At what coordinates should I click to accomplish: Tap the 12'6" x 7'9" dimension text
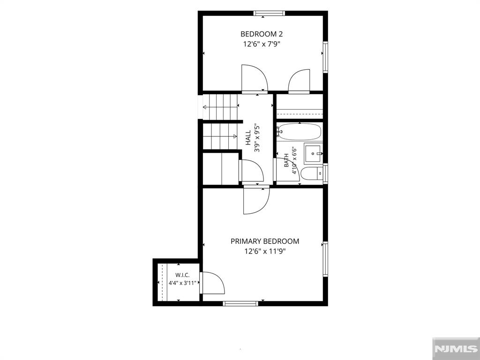[x=262, y=44]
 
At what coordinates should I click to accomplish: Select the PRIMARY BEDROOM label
[x=265, y=241]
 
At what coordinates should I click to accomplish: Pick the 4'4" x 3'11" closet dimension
[x=182, y=283]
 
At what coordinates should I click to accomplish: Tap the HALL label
[x=248, y=138]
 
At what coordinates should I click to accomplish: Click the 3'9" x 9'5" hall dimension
[x=257, y=138]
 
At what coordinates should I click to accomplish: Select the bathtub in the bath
[x=299, y=132]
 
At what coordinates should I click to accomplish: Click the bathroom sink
[x=313, y=153]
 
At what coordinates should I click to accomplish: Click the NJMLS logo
[x=456, y=349]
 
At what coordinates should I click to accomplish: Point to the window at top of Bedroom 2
[x=269, y=13]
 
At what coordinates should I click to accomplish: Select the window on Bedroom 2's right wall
[x=325, y=57]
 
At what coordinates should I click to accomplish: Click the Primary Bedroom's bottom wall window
[x=240, y=303]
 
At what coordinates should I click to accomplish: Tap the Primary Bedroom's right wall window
[x=325, y=259]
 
